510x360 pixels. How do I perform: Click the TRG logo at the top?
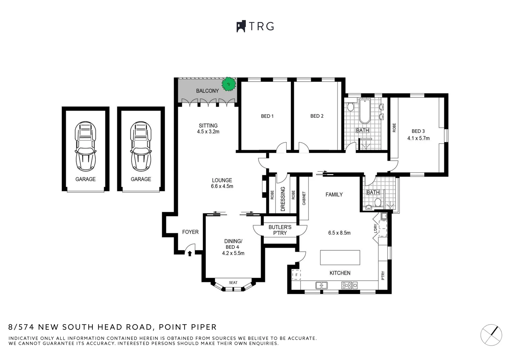click(x=255, y=26)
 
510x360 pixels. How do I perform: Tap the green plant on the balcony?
click(x=229, y=84)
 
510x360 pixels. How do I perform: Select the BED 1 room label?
click(x=267, y=116)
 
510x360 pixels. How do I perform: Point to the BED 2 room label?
click(x=317, y=116)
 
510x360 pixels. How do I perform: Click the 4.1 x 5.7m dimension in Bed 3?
click(x=418, y=138)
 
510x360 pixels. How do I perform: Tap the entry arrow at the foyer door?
click(x=189, y=254)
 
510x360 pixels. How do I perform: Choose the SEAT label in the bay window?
click(x=233, y=283)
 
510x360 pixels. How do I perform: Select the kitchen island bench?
click(x=340, y=258)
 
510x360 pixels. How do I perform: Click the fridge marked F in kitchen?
click(x=296, y=275)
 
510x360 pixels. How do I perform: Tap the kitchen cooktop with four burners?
click(x=347, y=285)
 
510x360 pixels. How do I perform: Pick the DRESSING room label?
click(x=283, y=199)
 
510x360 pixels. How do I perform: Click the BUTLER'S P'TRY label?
click(x=280, y=230)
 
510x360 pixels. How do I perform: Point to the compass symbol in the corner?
click(x=491, y=335)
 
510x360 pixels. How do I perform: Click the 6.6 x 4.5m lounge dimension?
click(x=222, y=186)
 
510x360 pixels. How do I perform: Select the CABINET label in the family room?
click(x=304, y=198)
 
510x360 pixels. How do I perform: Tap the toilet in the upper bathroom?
click(x=350, y=107)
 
